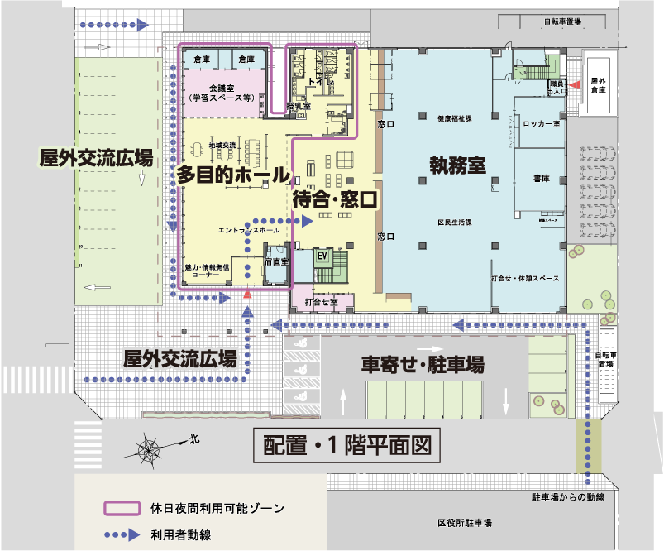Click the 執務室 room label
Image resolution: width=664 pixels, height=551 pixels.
[456, 165]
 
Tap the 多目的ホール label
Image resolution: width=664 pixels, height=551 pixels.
[232, 175]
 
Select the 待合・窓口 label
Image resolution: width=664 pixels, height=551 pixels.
[334, 199]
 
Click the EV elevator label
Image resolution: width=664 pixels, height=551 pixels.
[323, 256]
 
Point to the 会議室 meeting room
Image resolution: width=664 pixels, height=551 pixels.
[220, 91]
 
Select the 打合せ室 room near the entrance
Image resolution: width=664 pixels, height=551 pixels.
[321, 302]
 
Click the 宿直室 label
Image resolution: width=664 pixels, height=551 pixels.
[275, 262]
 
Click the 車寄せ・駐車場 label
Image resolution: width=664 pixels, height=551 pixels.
[423, 364]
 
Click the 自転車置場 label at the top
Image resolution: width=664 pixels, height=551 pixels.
[561, 22]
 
